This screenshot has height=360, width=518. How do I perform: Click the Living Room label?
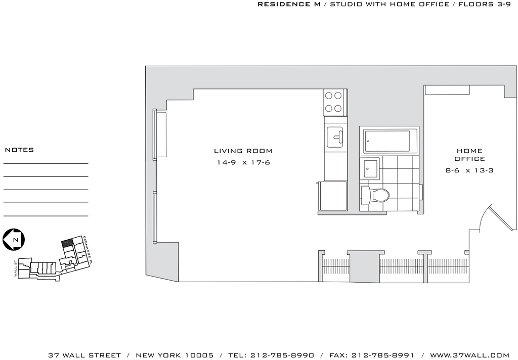point(243,151)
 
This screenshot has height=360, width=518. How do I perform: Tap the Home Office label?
point(469,155)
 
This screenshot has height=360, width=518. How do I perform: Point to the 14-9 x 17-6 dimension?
point(243,162)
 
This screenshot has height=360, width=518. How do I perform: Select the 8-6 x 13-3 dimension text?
point(469,171)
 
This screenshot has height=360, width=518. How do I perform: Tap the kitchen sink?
point(335,138)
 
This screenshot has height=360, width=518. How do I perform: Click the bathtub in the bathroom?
point(386,142)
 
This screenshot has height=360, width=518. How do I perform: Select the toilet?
point(375,195)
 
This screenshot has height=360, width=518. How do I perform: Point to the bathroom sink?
point(369,168)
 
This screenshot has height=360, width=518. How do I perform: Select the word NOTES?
point(20,150)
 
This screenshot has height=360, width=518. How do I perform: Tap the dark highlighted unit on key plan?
point(67,243)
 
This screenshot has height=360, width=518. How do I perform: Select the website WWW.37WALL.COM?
point(469,355)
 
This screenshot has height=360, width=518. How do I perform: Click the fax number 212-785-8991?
point(382,355)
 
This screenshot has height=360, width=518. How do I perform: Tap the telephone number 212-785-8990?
point(282,355)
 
